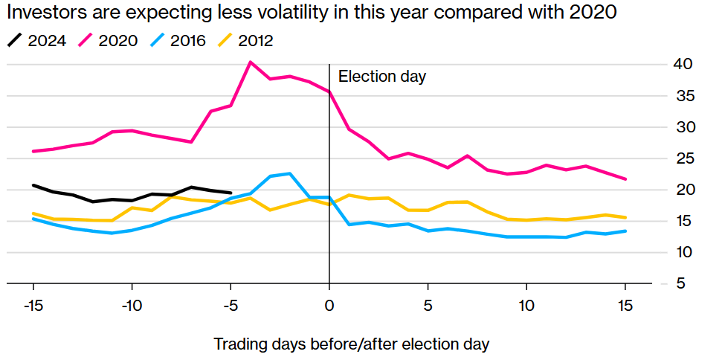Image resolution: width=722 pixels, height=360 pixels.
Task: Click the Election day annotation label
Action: tap(382, 77)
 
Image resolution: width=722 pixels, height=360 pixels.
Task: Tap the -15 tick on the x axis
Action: tap(33, 305)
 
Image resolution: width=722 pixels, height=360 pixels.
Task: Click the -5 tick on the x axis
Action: tap(231, 305)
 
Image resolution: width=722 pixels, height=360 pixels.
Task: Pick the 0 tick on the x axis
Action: tap(329, 305)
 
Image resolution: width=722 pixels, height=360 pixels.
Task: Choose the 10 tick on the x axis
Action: tap(526, 305)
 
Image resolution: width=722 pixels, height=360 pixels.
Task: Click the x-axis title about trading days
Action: tap(352, 344)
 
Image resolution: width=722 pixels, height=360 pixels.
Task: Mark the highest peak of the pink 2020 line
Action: tap(251, 62)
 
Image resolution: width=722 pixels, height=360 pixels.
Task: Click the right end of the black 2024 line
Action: tap(231, 193)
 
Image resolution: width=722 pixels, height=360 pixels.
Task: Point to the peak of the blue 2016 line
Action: tap(290, 173)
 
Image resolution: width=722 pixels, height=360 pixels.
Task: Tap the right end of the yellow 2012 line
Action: tap(625, 217)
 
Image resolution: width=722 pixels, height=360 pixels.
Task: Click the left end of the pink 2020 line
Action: tap(33, 151)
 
